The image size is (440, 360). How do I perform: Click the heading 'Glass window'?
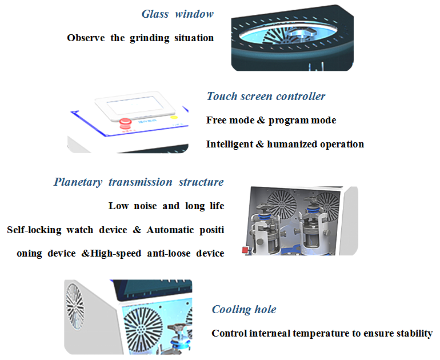pyautogui.click(x=177, y=14)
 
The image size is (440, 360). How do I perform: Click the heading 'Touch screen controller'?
pyautogui.click(x=266, y=96)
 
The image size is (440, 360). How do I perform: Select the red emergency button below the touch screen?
pyautogui.click(x=124, y=122)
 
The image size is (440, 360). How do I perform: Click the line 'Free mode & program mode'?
pyautogui.click(x=271, y=120)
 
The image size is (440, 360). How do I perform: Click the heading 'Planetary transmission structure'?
pyautogui.click(x=139, y=182)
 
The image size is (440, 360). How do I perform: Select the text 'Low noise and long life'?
pyautogui.click(x=166, y=206)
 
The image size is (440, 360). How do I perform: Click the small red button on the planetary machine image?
pyautogui.click(x=246, y=250)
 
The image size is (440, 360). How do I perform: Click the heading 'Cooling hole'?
pyautogui.click(x=244, y=310)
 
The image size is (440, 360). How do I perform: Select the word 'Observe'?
pyautogui.click(x=86, y=38)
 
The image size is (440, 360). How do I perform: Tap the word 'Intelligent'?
pyautogui.click(x=228, y=144)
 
